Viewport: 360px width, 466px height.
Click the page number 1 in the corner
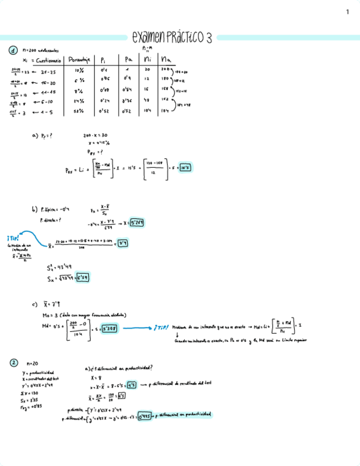point(347,12)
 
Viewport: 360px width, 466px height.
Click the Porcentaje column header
point(79,59)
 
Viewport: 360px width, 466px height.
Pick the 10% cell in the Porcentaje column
point(79,70)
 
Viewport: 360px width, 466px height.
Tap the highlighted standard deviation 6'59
point(82,278)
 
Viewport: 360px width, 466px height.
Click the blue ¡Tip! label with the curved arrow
point(14,237)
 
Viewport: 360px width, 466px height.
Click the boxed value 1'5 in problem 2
point(132,386)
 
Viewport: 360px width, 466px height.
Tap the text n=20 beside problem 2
point(31,364)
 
